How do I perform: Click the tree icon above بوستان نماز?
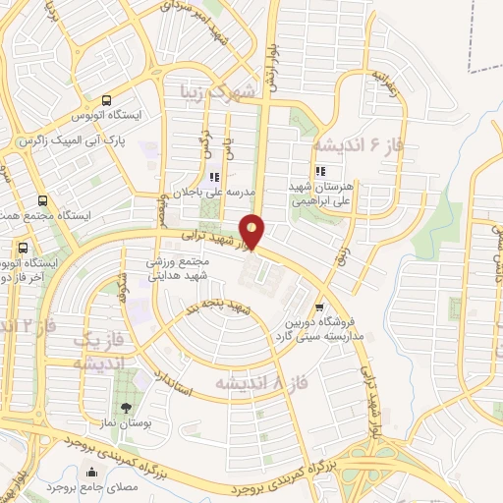click(125, 407)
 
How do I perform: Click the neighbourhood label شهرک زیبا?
click(218, 91)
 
